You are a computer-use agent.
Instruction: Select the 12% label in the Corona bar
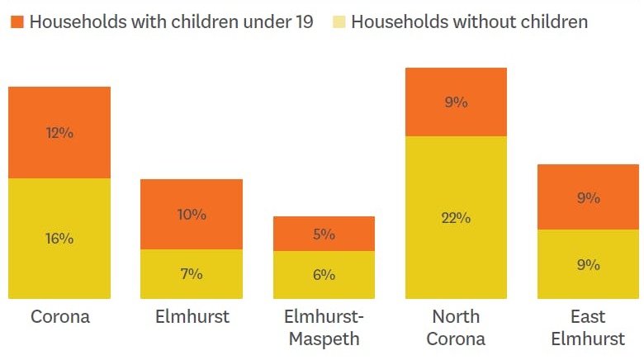tap(59, 132)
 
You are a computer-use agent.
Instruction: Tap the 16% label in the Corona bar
tap(59, 239)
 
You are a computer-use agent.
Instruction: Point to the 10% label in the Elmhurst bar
tap(192, 215)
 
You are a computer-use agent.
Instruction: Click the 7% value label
tap(192, 274)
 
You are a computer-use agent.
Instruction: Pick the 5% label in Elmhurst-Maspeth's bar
tap(324, 234)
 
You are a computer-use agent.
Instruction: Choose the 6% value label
tap(324, 275)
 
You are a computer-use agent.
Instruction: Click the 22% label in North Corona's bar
tap(456, 218)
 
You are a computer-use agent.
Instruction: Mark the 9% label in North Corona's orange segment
tap(456, 102)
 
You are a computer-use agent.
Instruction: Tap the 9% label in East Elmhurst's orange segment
tap(589, 198)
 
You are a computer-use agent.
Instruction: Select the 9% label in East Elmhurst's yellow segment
tap(589, 265)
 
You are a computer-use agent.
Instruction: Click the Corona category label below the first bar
tap(59, 317)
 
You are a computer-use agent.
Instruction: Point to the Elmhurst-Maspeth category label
tap(324, 328)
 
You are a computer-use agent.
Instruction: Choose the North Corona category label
tap(456, 328)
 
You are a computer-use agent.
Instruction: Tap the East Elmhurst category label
tap(589, 328)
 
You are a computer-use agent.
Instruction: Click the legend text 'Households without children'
tap(469, 21)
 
